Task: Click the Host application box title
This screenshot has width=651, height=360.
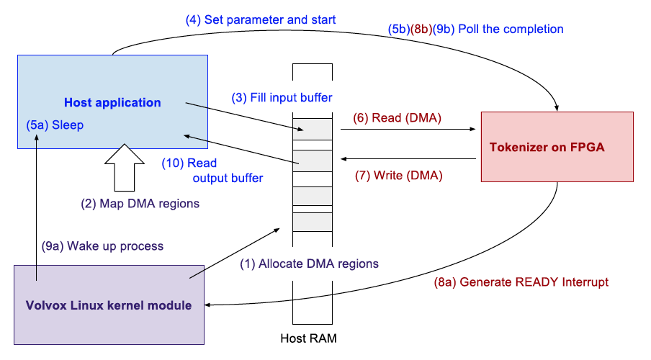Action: click(x=112, y=103)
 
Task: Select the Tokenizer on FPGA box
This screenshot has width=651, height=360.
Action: click(x=557, y=148)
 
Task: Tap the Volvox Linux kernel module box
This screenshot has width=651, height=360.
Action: click(x=109, y=305)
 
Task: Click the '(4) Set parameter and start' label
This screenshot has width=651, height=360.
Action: click(x=261, y=19)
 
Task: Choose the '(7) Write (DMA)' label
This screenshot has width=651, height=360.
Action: click(x=399, y=174)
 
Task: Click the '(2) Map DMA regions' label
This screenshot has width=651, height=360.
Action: click(x=140, y=204)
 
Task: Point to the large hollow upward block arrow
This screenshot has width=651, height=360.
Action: click(x=125, y=166)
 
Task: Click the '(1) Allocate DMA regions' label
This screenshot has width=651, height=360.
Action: click(x=309, y=264)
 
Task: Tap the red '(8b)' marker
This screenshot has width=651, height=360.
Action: click(x=421, y=30)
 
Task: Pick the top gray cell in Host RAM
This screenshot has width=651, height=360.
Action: click(x=313, y=129)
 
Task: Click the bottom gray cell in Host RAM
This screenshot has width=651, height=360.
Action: click(x=313, y=222)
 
